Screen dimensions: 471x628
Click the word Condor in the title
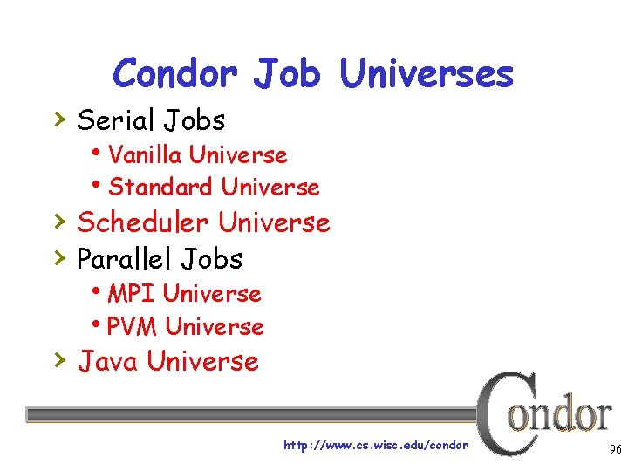(174, 73)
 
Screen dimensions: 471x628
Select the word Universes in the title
(427, 73)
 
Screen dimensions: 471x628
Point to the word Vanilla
(145, 155)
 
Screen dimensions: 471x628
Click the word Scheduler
(143, 222)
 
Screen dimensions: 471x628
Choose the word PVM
(133, 326)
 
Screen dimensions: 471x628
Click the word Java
(108, 361)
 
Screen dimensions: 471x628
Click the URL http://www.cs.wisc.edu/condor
(376, 446)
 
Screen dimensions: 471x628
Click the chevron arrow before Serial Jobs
(58, 117)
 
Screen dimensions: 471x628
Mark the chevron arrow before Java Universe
(58, 358)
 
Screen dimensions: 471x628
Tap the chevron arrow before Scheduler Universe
(58, 220)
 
